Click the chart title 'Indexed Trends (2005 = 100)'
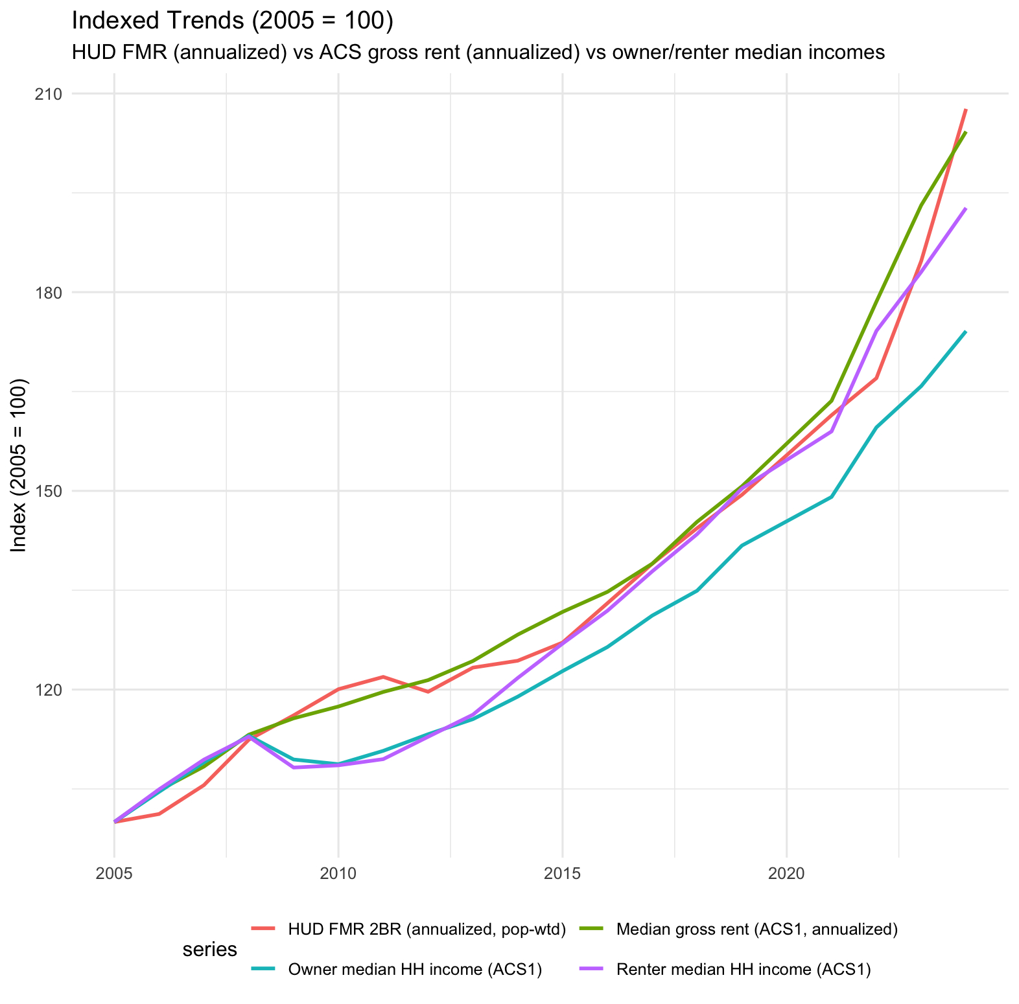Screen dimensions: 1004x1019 pos(232,21)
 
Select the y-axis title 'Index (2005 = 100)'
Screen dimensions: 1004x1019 pos(19,465)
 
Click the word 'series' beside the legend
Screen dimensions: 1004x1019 pos(209,950)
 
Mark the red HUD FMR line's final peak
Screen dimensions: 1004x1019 pos(966,109)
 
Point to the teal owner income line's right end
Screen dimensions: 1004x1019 pos(966,332)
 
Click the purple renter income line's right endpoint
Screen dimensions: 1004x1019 pos(966,209)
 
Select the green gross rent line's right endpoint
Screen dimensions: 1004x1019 pos(966,133)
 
